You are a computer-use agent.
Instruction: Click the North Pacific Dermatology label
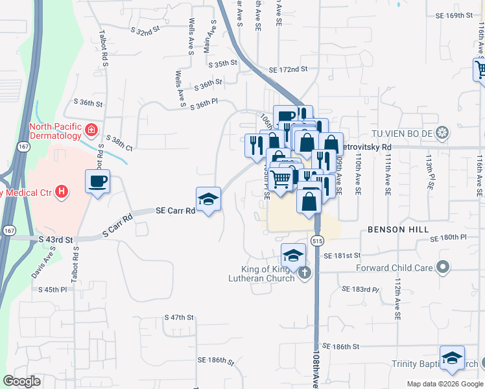[56, 132]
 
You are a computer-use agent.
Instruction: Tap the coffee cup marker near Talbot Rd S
[97, 182]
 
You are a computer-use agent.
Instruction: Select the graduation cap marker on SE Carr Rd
[208, 199]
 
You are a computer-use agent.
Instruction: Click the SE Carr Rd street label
[175, 211]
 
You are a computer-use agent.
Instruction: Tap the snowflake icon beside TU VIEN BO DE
[442, 134]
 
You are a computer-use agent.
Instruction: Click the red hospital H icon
[62, 191]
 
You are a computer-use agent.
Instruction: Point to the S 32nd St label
[145, 30]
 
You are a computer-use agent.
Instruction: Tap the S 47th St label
[180, 318]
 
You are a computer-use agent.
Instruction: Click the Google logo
[22, 381]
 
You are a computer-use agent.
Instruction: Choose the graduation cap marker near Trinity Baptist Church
[452, 357]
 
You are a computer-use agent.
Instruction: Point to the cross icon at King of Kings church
[305, 274]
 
